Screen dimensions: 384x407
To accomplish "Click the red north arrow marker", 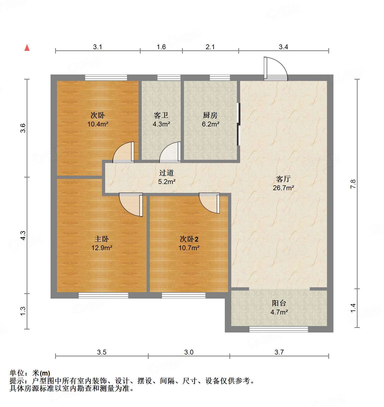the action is tap(27, 48).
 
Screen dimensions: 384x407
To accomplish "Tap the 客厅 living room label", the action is tap(283, 179).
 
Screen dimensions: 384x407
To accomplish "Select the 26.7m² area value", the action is tap(283, 188).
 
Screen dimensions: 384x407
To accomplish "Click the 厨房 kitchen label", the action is tap(210, 115).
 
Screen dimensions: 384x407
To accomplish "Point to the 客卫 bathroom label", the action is tap(161, 115).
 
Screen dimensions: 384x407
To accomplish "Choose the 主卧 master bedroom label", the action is tap(102, 239).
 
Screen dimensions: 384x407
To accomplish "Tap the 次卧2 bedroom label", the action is tap(189, 239).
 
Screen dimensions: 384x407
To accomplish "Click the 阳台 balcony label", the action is tap(279, 303).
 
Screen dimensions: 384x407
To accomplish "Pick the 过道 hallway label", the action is tap(166, 173).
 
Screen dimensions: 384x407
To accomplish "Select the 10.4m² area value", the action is tap(98, 124).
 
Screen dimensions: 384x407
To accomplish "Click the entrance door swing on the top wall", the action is tap(276, 69).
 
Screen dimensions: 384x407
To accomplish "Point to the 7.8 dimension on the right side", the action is tap(353, 184).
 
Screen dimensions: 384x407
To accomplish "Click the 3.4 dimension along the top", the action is tap(283, 47).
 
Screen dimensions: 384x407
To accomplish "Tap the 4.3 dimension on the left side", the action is tap(23, 235).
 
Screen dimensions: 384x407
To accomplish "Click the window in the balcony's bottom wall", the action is tap(279, 329).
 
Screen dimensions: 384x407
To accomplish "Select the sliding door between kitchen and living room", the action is tap(239, 124).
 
